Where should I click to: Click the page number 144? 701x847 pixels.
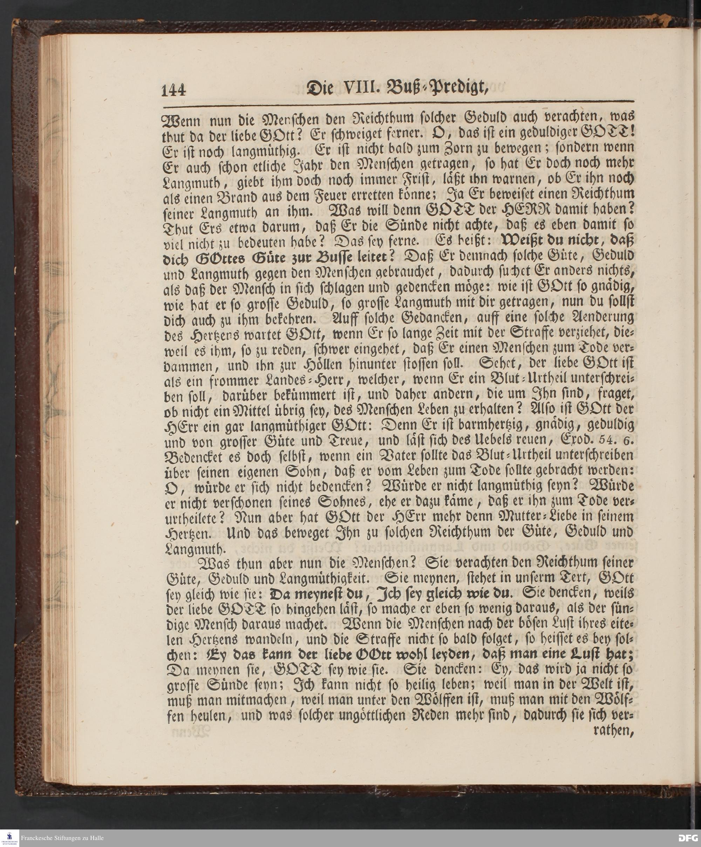(x=174, y=89)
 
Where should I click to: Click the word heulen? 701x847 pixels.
(x=195, y=716)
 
